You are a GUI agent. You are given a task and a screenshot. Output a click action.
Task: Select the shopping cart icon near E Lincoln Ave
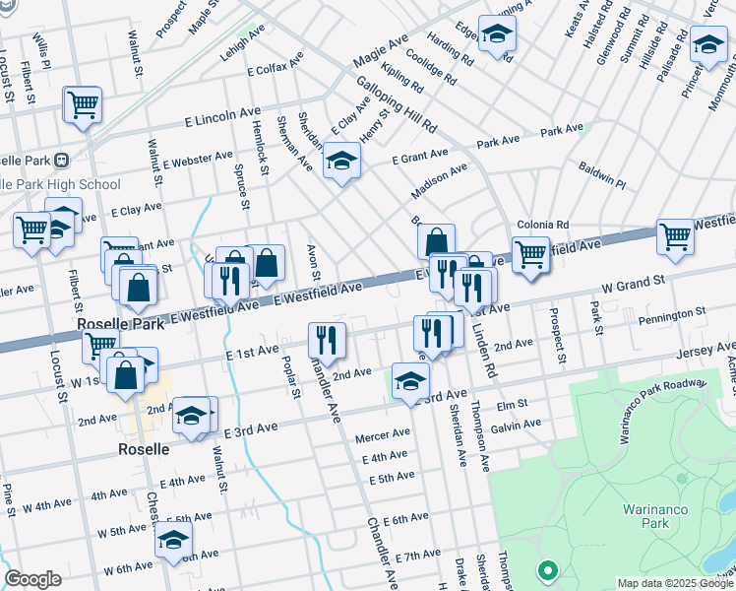pyautogui.click(x=83, y=103)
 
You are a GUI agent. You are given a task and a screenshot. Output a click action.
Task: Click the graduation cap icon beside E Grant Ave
pyautogui.click(x=341, y=162)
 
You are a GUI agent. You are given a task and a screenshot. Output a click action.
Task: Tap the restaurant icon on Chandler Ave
pyautogui.click(x=327, y=340)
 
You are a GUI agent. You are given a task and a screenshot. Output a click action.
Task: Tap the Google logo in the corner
pyautogui.click(x=32, y=579)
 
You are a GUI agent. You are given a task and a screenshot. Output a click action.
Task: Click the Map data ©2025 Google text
pyautogui.click(x=674, y=583)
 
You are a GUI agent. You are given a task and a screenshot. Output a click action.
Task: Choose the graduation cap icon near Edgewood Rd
pyautogui.click(x=497, y=33)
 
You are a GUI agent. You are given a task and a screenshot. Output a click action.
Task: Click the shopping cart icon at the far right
pyautogui.click(x=675, y=236)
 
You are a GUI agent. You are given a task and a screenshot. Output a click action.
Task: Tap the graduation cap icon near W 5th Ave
pyautogui.click(x=173, y=540)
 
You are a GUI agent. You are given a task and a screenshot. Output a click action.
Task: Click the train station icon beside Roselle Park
pyautogui.click(x=61, y=160)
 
